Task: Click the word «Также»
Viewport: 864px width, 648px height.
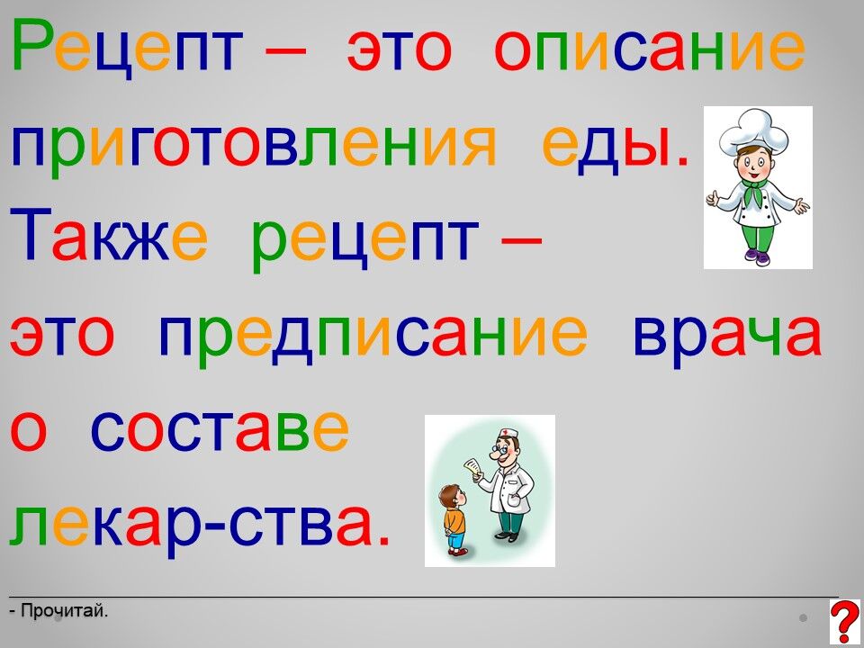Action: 109,238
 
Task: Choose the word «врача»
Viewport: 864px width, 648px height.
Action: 727,333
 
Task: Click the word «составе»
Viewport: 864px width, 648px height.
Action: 220,429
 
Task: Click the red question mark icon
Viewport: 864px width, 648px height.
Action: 844,622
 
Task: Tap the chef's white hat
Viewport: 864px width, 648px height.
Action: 753,131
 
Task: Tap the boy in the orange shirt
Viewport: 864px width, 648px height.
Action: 454,519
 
